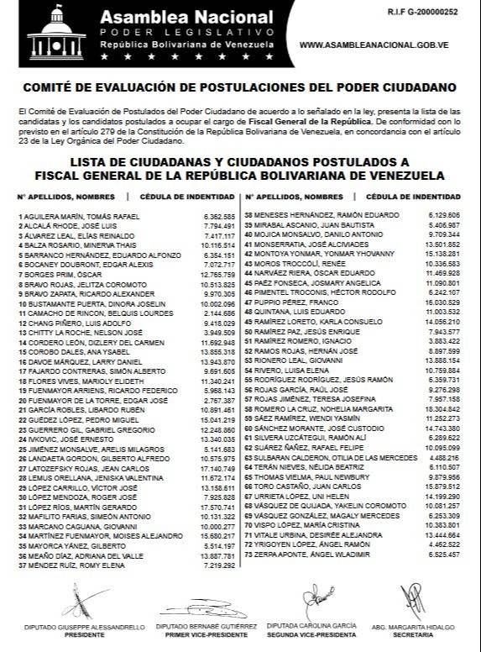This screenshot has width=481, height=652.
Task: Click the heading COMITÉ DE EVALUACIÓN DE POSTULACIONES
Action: click(x=240, y=87)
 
